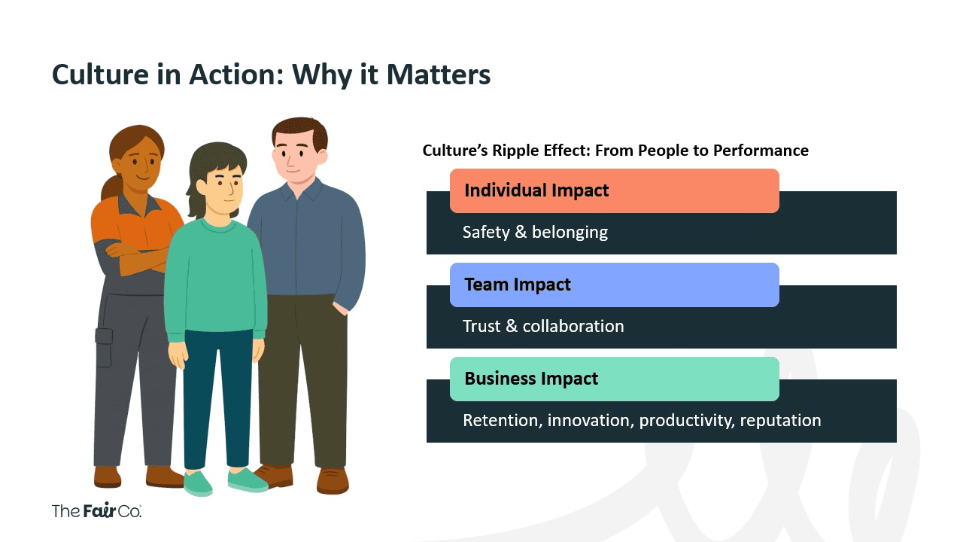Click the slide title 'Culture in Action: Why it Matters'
[x=271, y=75]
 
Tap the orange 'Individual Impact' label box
[x=614, y=190]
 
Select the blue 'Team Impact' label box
[x=614, y=285]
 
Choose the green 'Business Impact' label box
[x=614, y=379]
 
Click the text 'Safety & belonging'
[x=535, y=232]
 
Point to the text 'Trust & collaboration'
[x=543, y=326]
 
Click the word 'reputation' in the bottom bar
[x=780, y=420]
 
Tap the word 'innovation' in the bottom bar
[x=591, y=420]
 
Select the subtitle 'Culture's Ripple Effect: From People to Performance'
[x=615, y=151]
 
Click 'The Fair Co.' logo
[x=96, y=510]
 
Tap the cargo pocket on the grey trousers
[x=104, y=347]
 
